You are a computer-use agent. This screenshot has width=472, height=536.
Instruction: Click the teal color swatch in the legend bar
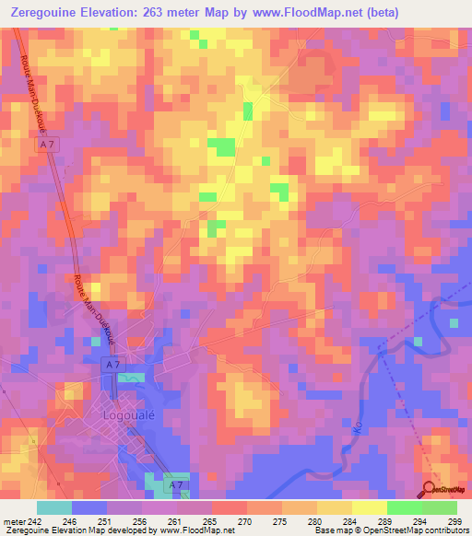tap(54, 508)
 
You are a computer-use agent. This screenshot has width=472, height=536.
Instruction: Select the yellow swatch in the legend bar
tap(369, 508)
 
